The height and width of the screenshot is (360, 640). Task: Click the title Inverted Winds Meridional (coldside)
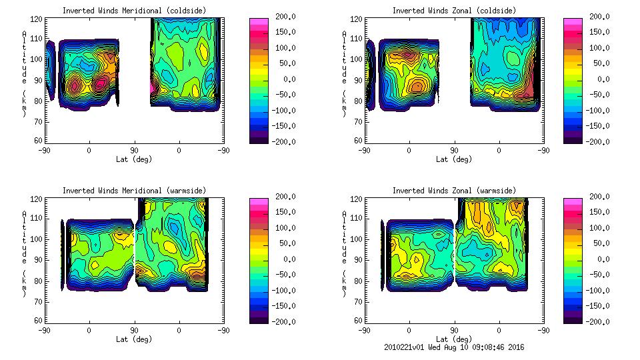134,11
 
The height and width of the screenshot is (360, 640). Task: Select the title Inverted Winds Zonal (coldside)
454,11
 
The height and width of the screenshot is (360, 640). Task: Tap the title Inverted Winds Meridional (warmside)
134,191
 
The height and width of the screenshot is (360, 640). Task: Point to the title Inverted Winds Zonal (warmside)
454,191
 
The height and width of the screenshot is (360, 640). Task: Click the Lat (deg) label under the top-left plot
134,159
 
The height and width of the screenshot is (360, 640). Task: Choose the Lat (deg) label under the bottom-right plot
454,339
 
